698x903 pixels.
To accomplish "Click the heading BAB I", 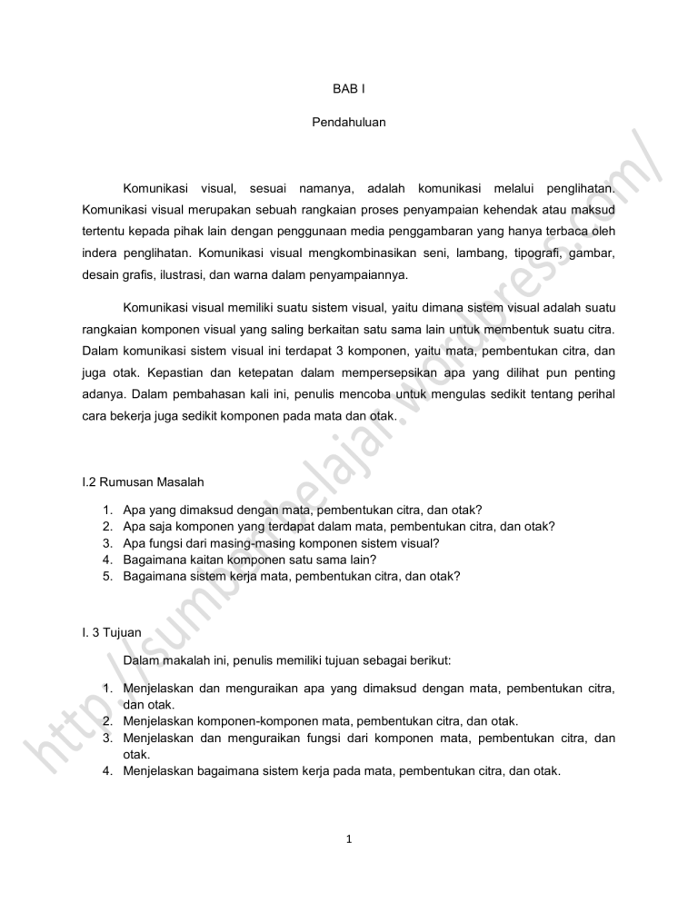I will pos(348,90).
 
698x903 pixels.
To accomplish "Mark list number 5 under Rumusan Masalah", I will pos(107,575).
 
